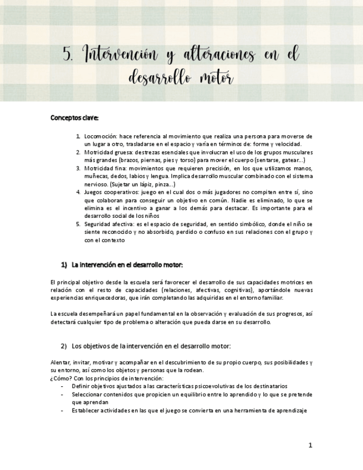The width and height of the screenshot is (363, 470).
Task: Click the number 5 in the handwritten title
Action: tap(68, 54)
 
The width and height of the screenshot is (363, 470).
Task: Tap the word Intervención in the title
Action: tap(115, 54)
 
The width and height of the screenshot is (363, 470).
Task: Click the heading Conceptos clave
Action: tap(74, 117)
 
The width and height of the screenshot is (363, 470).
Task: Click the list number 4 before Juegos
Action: tap(78, 192)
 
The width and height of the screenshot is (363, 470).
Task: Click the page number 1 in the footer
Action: tap(310, 445)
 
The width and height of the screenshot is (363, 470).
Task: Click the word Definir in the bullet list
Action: tap(80, 386)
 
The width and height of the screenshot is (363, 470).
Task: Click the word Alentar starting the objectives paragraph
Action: tap(59, 362)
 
